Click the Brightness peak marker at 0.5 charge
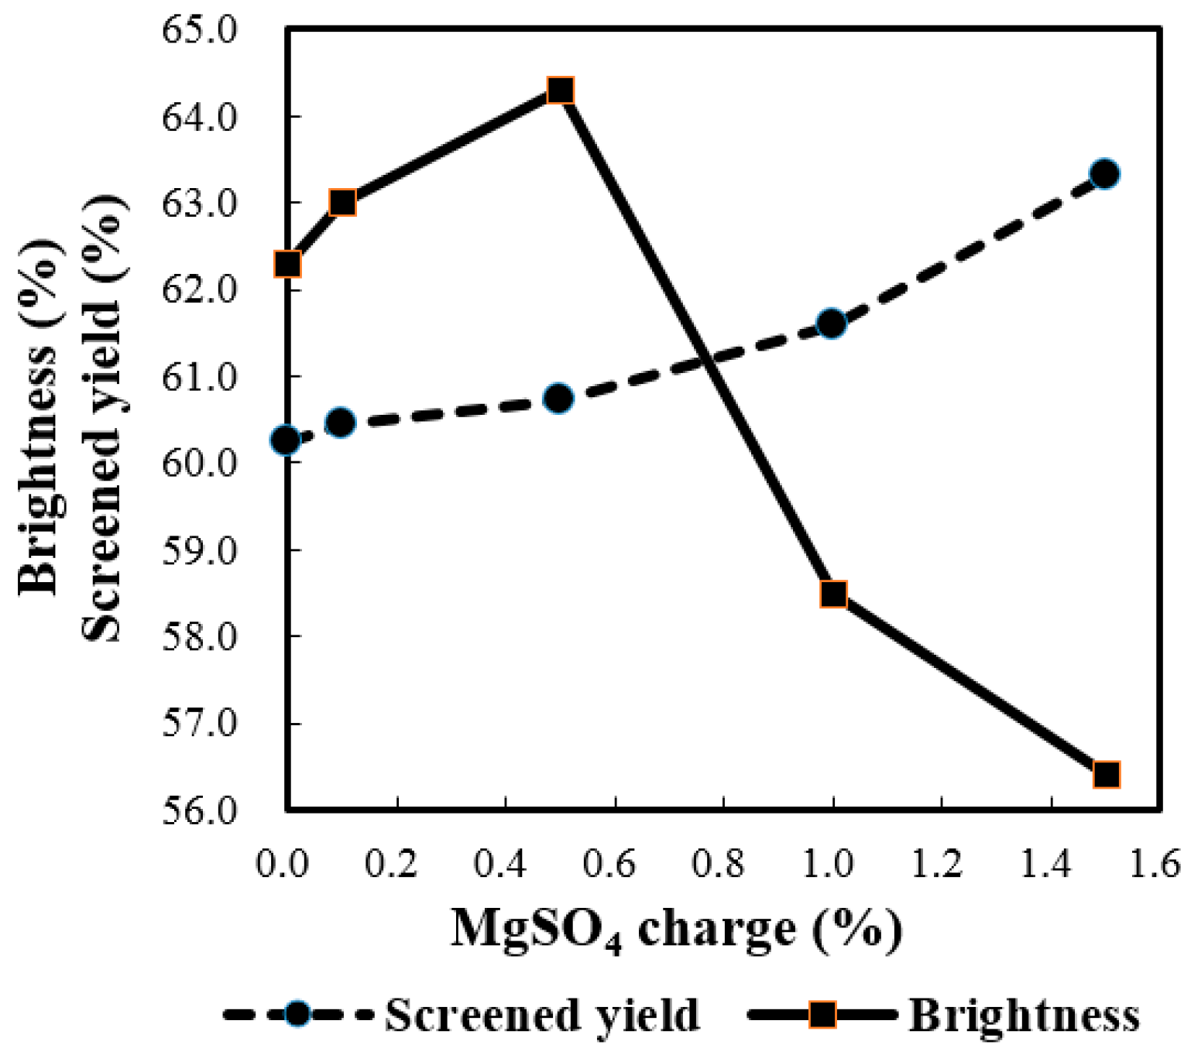point(560,91)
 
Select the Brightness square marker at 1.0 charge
point(833,594)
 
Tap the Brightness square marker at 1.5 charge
point(1106,774)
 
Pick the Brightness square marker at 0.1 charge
point(342,203)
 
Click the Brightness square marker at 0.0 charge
point(288,264)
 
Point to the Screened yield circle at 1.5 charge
point(1104,174)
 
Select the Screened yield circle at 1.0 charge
point(832,324)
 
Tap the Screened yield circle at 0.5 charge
point(558,399)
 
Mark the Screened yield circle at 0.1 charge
point(341,423)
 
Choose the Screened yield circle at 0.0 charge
point(287,440)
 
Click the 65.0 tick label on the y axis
point(199,31)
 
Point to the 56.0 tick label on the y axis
point(199,812)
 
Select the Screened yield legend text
point(542,1015)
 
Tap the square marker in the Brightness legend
point(822,1014)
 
